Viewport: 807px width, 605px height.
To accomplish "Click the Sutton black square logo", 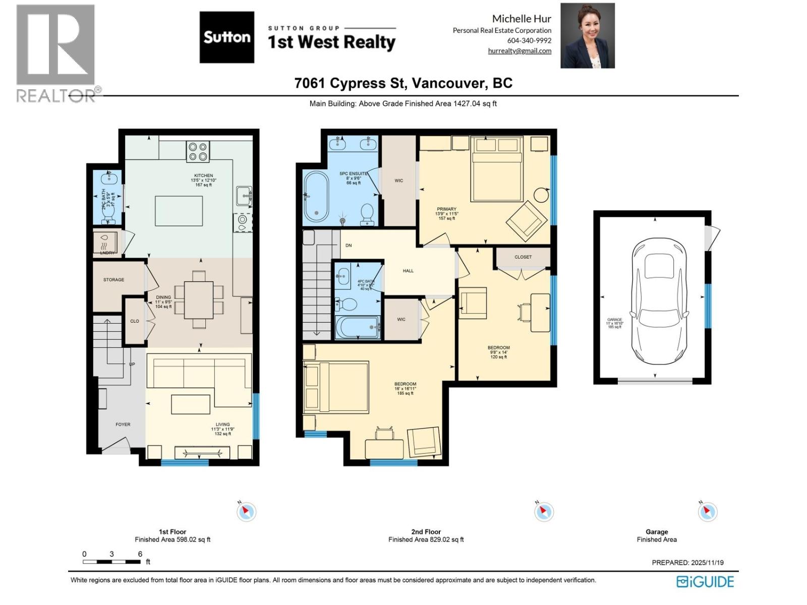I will coord(226,37).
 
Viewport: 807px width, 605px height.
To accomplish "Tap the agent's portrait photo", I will coord(588,35).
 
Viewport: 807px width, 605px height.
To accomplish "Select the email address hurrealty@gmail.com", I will coord(520,51).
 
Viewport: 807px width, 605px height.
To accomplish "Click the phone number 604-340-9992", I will coord(529,40).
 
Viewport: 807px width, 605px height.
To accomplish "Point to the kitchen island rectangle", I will coord(179,211).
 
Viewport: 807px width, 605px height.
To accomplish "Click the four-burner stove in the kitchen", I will coord(198,152).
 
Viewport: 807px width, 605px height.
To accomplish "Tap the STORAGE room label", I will coord(113,279).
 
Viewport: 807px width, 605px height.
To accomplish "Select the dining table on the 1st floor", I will coord(199,299).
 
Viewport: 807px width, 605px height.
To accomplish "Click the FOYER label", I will coord(123,425).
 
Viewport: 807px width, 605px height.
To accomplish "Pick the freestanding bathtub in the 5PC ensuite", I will coord(316,197).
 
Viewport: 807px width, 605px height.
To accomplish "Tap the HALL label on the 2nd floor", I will coord(408,271).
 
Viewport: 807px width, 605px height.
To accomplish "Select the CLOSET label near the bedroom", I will coord(523,257).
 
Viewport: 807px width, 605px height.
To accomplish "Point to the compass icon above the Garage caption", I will coord(707,512).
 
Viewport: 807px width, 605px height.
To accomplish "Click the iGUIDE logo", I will coord(705,581).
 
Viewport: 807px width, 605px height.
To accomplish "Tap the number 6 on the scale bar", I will coord(140,554).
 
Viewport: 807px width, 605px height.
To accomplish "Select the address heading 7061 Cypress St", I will coord(403,83).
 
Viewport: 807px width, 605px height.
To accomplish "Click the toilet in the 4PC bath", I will coord(347,305).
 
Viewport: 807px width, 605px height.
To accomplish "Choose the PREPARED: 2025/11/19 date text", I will coord(687,563).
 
